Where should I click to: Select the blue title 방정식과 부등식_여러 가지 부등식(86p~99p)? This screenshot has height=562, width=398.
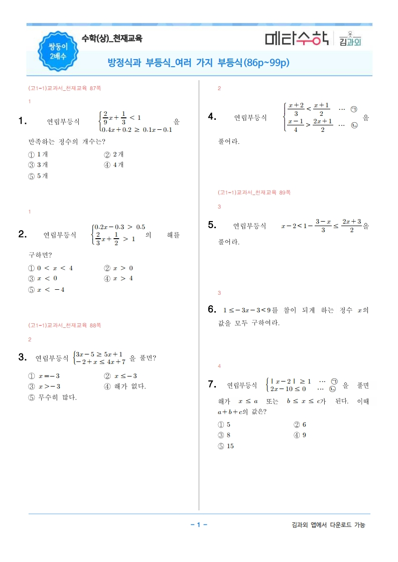pos(199,63)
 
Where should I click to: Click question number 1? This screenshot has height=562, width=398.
pos(22,120)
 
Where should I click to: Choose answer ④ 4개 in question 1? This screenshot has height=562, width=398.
pos(114,165)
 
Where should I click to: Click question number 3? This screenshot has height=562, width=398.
pos(22,357)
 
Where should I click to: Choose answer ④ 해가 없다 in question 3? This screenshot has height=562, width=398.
pos(125,387)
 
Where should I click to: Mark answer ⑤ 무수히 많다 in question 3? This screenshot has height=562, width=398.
pos(53,398)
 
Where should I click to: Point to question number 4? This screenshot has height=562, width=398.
pos(212,117)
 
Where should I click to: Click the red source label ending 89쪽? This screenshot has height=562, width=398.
pos(254,192)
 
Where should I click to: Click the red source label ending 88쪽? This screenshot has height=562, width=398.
pos(65,325)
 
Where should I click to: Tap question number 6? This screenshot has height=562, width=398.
pos(212,309)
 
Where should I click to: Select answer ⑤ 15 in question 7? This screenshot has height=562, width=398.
pos(226,446)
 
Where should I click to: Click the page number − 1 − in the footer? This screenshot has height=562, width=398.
pos(199,525)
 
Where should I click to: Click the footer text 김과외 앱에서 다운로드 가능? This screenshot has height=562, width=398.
pos(328,525)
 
